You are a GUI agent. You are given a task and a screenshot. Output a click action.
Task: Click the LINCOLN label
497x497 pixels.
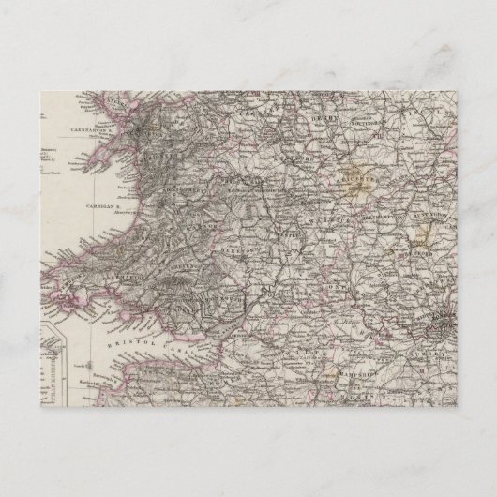419,113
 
